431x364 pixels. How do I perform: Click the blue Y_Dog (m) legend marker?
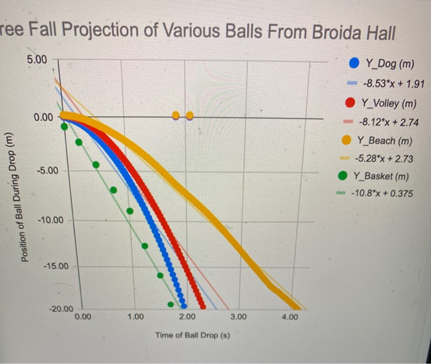354,64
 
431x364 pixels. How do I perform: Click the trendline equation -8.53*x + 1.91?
391,83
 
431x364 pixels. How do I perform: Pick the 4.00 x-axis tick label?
290,316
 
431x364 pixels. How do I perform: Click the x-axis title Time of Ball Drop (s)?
188,336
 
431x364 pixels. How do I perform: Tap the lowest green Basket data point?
171,303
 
